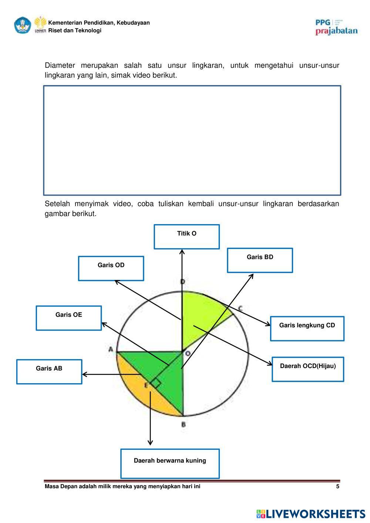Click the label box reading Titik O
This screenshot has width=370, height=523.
(186, 237)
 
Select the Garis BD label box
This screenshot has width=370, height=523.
(260, 260)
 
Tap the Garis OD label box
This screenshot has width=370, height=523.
(111, 269)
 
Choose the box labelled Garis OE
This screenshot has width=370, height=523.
(69, 318)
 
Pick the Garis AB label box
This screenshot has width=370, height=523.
(49, 372)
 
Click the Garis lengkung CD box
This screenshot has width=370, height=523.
(307, 328)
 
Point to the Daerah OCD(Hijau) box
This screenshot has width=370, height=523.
(308, 369)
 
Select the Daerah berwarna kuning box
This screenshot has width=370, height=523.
(170, 464)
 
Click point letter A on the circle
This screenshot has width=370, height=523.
(110, 349)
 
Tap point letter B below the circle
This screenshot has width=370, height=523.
(184, 424)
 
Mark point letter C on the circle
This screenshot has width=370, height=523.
(240, 308)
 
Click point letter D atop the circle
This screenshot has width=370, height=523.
(182, 282)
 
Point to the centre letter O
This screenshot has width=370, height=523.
(188, 354)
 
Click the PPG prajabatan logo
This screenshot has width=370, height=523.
(336, 27)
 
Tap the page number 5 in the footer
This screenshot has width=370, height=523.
(337, 486)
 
